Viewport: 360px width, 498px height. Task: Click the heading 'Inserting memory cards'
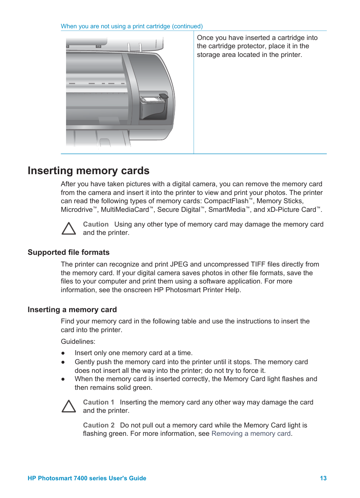88,171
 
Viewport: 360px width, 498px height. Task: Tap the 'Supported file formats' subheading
68,253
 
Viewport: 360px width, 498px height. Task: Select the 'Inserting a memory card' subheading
72,310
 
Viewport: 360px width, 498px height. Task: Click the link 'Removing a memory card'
251,434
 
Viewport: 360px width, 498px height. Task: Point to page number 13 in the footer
323,478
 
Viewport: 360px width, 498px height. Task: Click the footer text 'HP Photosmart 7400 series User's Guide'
87,478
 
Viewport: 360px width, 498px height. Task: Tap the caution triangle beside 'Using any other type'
69,229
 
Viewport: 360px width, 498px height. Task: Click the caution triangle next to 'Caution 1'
69,406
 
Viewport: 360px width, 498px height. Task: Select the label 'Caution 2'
98,425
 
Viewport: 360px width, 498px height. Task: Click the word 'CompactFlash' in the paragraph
226,201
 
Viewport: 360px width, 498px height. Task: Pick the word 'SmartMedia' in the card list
227,210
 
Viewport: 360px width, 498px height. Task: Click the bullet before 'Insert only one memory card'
63,353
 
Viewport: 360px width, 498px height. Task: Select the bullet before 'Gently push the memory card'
63,362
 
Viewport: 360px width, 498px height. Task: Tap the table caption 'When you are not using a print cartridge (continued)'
132,26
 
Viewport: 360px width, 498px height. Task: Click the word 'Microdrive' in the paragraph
77,210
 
